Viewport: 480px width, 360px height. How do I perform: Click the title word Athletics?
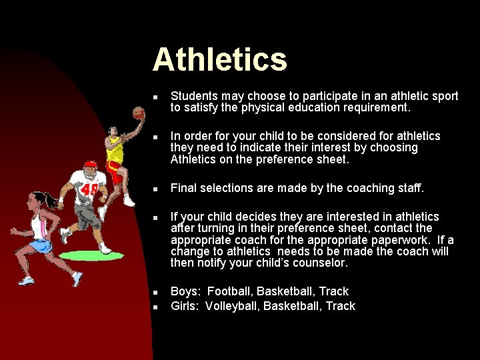tap(219, 59)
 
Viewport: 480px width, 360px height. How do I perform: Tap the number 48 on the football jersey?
tap(89, 191)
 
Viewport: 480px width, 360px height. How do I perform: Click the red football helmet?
tap(89, 167)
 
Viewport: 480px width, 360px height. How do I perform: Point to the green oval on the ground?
tap(97, 256)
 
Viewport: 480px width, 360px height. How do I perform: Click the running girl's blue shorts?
tap(42, 247)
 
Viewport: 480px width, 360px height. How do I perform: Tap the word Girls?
tap(185, 306)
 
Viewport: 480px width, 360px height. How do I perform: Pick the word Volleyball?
tap(231, 306)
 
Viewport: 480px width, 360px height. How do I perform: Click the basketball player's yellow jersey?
tap(116, 151)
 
